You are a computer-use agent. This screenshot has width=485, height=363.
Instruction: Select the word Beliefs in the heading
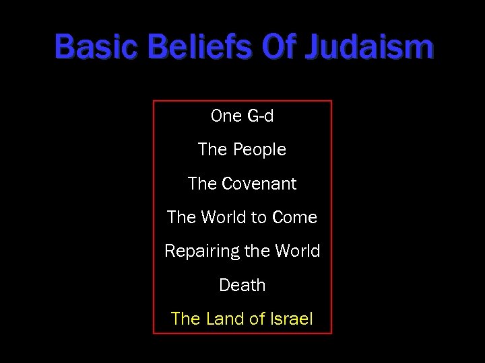coord(201,47)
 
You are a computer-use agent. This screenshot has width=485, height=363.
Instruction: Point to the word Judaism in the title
coord(370,47)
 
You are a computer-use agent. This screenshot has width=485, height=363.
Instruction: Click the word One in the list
coord(226,116)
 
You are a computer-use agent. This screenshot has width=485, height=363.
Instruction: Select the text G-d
coord(260,116)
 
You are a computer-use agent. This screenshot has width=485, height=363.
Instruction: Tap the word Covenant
coord(259,183)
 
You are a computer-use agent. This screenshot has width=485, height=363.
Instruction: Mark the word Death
coord(243,285)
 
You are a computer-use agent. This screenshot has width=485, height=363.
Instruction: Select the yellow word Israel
coord(292,319)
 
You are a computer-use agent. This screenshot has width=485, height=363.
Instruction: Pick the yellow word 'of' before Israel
coord(257,319)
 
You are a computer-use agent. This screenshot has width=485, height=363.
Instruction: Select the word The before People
coord(212,149)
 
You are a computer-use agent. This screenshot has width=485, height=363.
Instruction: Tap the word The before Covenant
coord(201,183)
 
